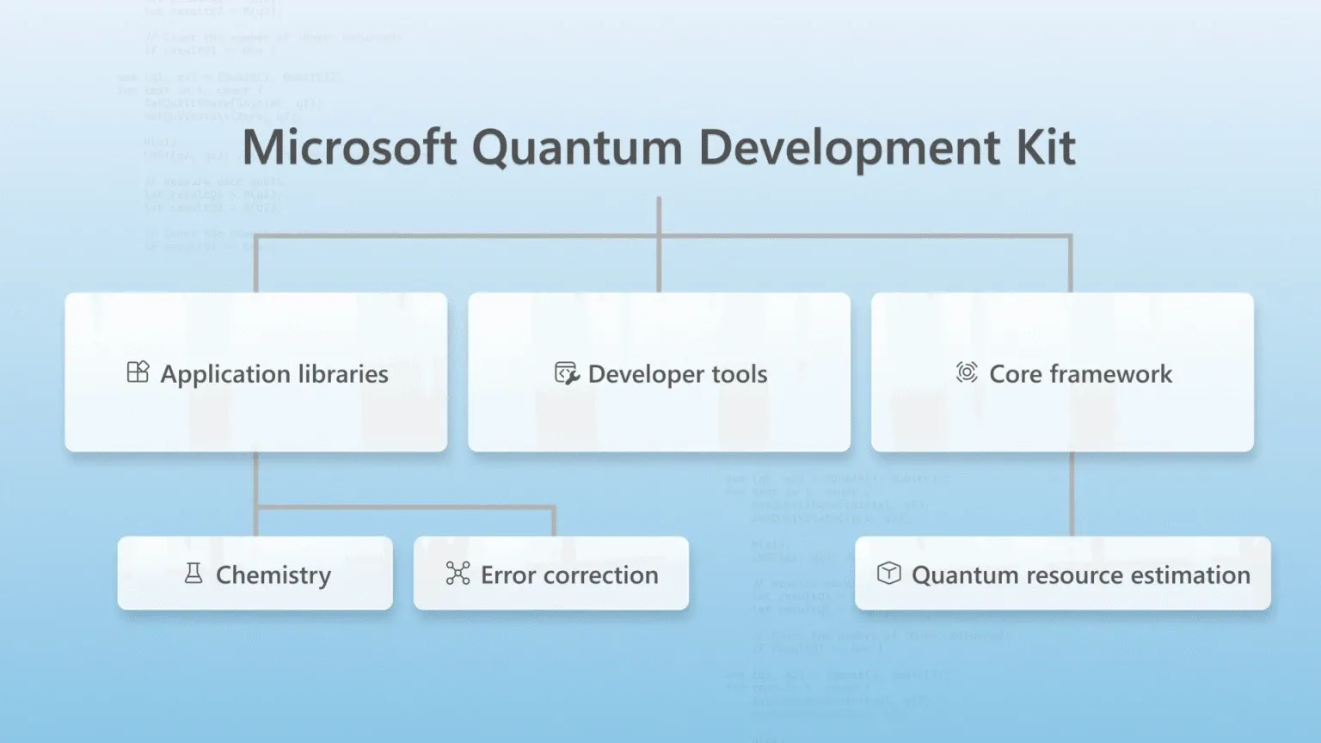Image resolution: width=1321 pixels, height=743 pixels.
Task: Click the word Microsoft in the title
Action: tap(348, 148)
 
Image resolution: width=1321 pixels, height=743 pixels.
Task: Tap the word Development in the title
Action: tap(848, 148)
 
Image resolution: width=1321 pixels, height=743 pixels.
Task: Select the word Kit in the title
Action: tap(1045, 148)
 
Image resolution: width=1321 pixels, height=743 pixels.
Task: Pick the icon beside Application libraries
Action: tap(138, 372)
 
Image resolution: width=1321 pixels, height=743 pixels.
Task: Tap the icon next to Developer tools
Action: tap(566, 373)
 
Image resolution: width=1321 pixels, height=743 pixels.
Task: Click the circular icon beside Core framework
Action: tap(967, 372)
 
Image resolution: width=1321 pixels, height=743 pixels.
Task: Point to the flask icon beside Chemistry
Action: tap(194, 574)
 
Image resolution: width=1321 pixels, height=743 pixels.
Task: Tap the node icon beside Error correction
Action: tap(458, 574)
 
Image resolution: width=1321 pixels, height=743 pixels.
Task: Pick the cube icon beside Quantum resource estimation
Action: tap(888, 574)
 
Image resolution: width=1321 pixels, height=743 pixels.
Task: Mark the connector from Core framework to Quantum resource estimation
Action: tap(1072, 494)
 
